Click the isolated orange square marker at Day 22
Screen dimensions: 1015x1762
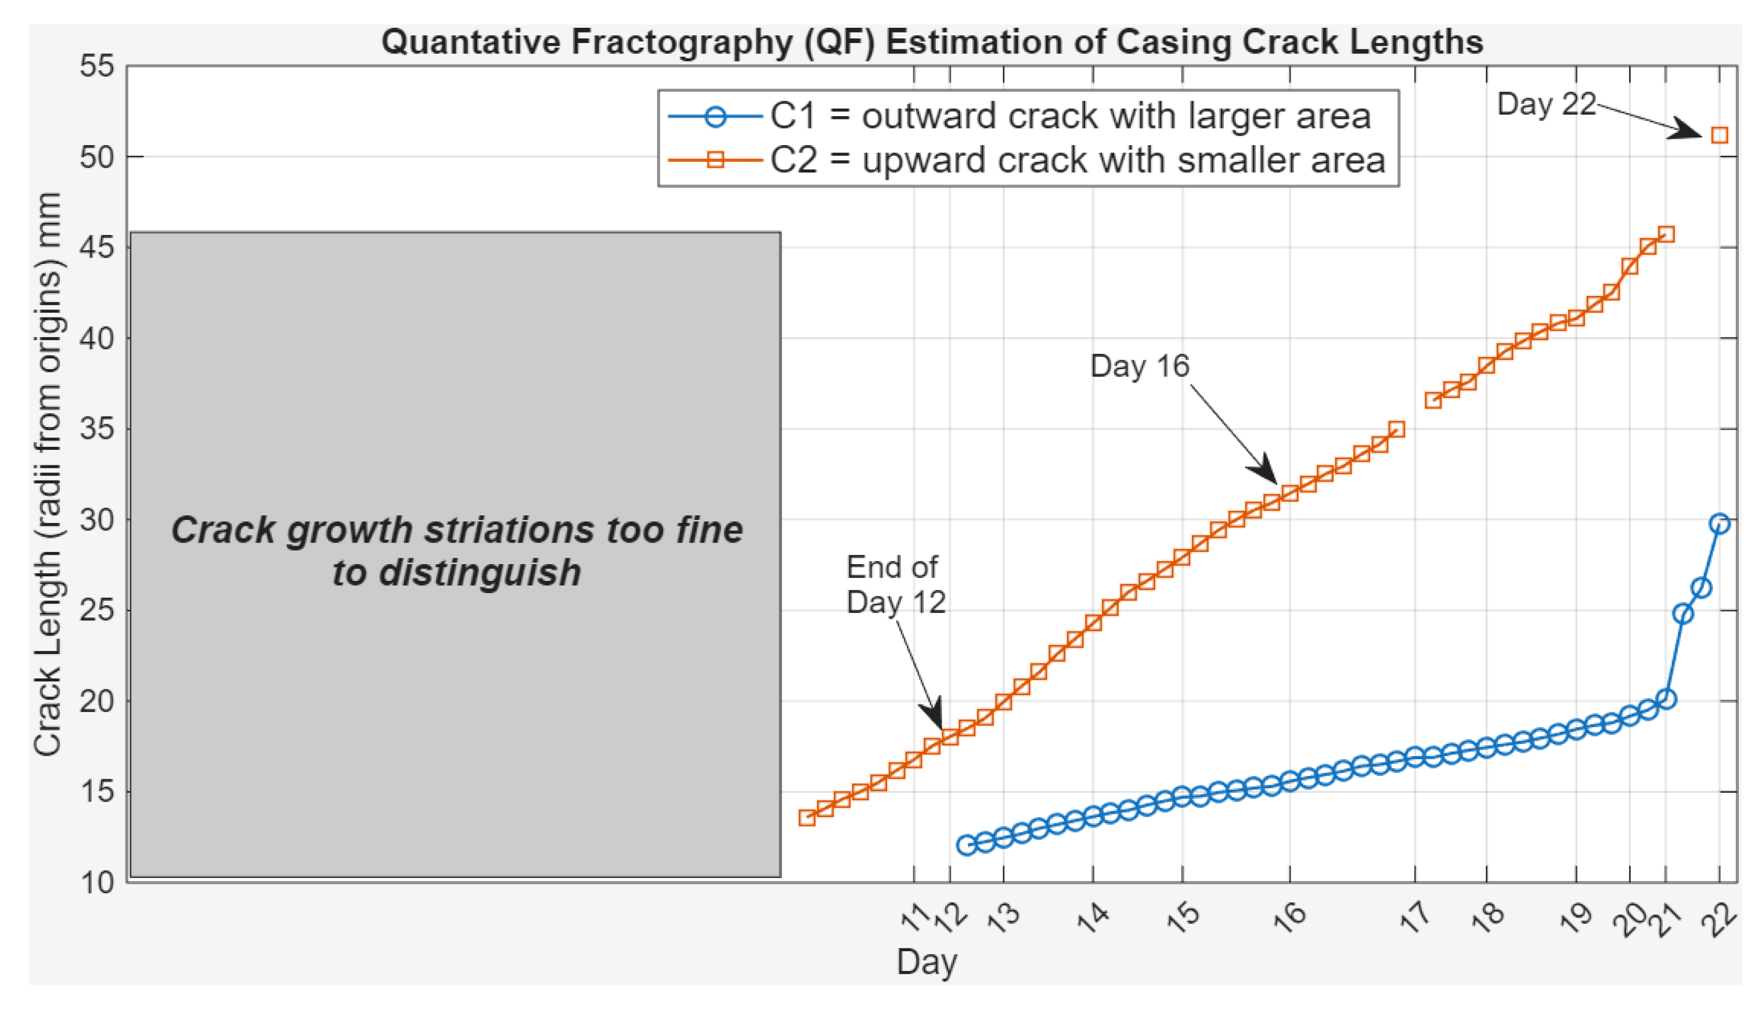(1720, 135)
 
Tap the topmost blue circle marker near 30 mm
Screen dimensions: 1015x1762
(1720, 523)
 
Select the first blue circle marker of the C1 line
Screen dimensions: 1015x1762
(967, 845)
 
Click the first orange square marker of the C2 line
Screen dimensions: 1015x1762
(807, 818)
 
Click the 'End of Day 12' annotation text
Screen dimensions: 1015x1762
(895, 585)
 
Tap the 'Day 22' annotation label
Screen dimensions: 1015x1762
(1546, 104)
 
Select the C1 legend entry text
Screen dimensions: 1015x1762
(1071, 115)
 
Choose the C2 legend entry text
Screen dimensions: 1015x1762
(1078, 160)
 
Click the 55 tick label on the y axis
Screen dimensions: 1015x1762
(96, 67)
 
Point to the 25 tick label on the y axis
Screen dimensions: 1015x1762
(96, 611)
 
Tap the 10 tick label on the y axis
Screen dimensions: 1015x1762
(96, 883)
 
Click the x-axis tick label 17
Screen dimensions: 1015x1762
(1415, 918)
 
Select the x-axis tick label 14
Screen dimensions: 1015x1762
(1093, 918)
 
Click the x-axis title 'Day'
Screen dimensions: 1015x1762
(926, 962)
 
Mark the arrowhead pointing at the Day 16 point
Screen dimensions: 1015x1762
(1265, 471)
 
